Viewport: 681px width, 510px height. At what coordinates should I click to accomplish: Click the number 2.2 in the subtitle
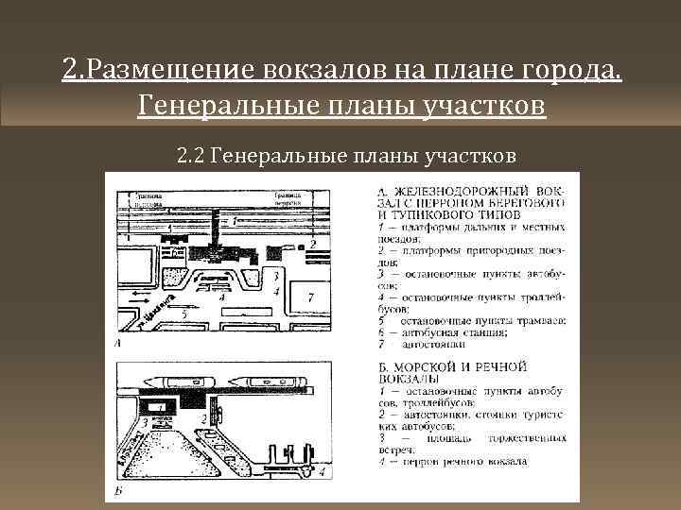click(x=191, y=154)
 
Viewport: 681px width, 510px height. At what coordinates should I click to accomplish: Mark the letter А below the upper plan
click(x=116, y=345)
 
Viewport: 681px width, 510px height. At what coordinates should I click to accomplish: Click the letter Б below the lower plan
click(x=116, y=491)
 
